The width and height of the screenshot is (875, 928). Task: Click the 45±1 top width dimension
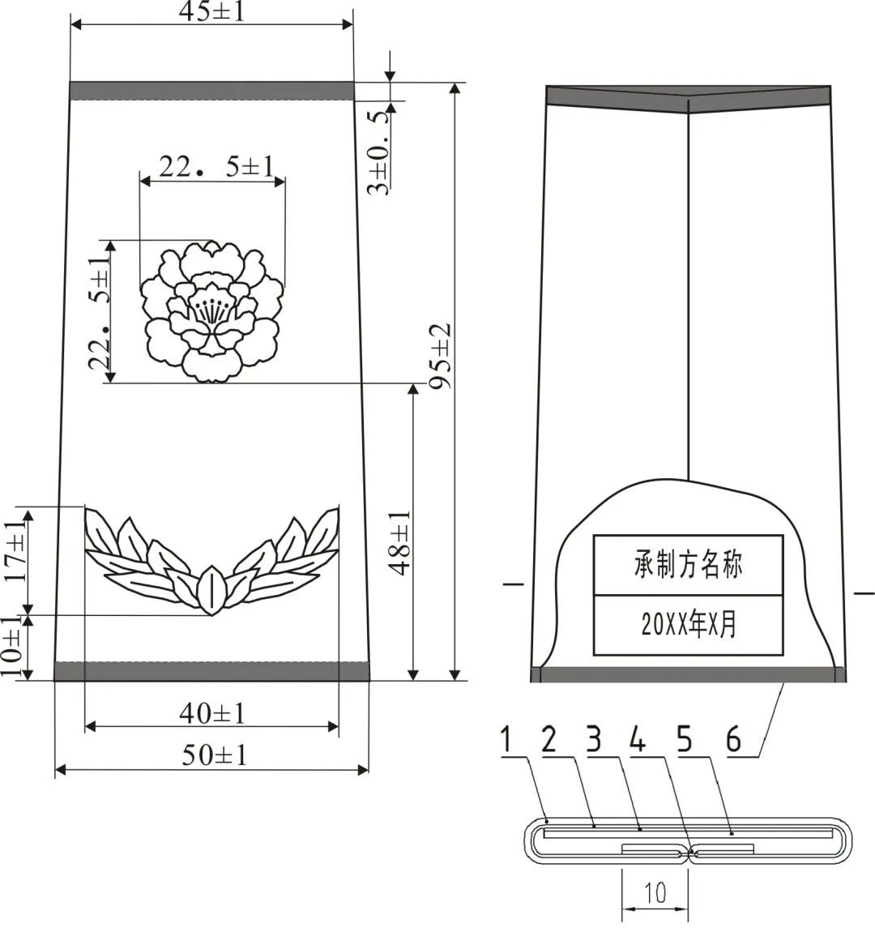(x=211, y=11)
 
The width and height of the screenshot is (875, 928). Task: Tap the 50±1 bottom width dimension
(x=214, y=755)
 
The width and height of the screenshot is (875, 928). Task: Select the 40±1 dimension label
(x=211, y=713)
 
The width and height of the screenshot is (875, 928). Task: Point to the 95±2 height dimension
(x=440, y=356)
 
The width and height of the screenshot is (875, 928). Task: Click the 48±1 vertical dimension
(x=400, y=542)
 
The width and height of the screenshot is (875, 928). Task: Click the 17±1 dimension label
(x=16, y=550)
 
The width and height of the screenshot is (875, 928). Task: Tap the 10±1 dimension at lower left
(x=12, y=647)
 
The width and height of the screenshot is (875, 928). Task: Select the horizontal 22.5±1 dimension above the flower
(x=216, y=168)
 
